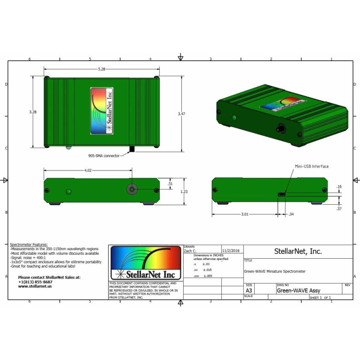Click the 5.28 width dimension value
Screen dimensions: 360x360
coord(101,69)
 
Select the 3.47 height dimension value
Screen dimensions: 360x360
coord(181,114)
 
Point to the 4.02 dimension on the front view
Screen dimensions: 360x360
coord(88,170)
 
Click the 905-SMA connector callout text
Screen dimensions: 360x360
coord(104,156)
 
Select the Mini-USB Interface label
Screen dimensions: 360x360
coord(311,166)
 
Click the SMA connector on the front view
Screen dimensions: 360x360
coord(132,190)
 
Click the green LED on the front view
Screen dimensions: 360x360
coord(68,192)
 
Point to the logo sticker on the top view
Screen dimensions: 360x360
coord(102,111)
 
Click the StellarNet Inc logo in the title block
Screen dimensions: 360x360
coord(146,263)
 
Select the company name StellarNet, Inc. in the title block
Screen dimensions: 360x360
coord(298,252)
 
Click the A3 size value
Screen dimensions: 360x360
coord(249,291)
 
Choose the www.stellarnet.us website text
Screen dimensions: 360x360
coord(35,286)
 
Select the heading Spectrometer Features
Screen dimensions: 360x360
coord(28,244)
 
